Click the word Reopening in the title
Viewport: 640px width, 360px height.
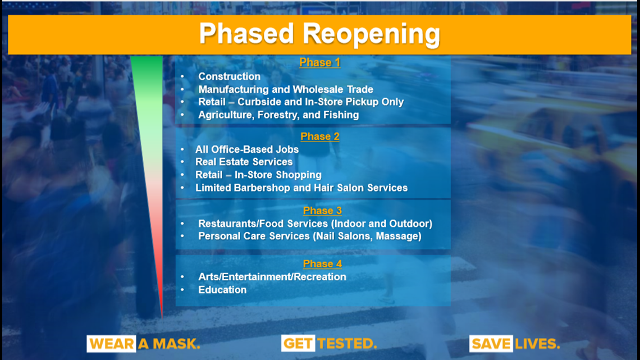coord(372,34)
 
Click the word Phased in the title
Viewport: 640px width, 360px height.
coord(246,33)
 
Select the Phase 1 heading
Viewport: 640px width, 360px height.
coord(319,62)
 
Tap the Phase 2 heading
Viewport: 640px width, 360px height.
coord(320,136)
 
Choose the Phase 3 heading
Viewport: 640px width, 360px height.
coord(322,211)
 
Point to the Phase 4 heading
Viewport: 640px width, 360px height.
coord(322,263)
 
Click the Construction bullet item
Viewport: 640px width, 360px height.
coord(230,76)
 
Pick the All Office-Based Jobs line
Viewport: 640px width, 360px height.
coord(247,149)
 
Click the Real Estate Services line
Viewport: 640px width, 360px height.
coord(244,162)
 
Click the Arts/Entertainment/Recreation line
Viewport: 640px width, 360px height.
coord(272,277)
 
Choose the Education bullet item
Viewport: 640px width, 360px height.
coord(222,290)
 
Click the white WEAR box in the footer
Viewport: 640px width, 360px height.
coord(111,344)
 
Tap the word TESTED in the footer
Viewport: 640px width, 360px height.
coord(347,344)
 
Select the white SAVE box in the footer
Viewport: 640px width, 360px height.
coord(491,344)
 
